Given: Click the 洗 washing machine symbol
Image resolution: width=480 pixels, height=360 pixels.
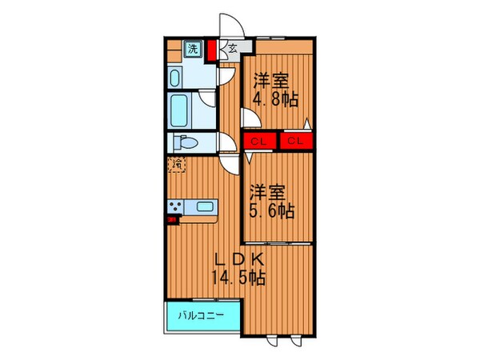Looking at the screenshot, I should point(193,49).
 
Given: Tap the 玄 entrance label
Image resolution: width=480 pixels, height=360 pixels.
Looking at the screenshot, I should point(231,48).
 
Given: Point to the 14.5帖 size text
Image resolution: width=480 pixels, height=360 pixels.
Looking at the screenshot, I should point(238,278).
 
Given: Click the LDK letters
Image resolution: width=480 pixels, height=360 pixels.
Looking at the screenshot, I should point(238,260).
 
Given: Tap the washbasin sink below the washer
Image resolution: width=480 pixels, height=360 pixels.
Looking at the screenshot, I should point(177,77).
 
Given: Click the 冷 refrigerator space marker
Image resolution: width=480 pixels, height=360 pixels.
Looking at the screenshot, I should point(176,166).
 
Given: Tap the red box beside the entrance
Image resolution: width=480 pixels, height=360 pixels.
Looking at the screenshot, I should point(212,52).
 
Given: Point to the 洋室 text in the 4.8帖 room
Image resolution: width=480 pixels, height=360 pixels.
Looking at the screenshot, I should point(272,81).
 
